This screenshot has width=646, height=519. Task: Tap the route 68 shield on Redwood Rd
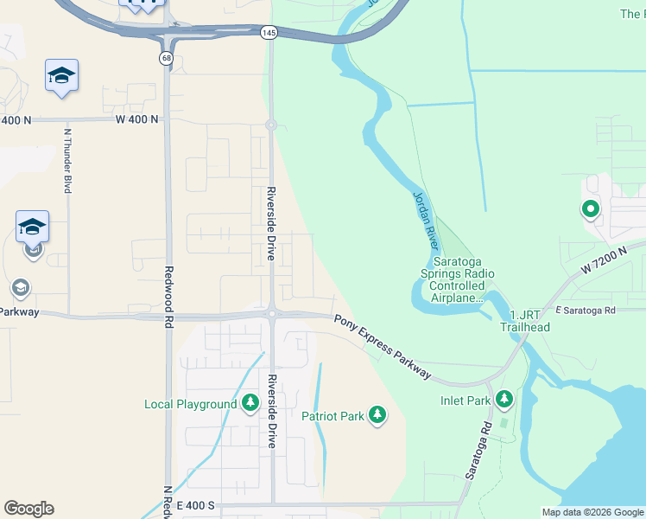click(165, 57)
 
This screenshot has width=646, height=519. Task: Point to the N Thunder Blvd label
click(66, 161)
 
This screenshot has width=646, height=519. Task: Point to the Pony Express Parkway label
click(383, 346)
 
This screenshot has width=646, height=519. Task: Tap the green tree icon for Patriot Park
click(377, 416)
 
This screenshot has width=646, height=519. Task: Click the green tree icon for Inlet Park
click(504, 400)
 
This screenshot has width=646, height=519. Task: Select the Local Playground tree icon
click(250, 404)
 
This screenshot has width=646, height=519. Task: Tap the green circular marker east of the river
click(590, 208)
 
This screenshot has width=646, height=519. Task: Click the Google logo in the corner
click(28, 509)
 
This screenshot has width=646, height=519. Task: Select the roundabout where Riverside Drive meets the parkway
click(271, 314)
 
